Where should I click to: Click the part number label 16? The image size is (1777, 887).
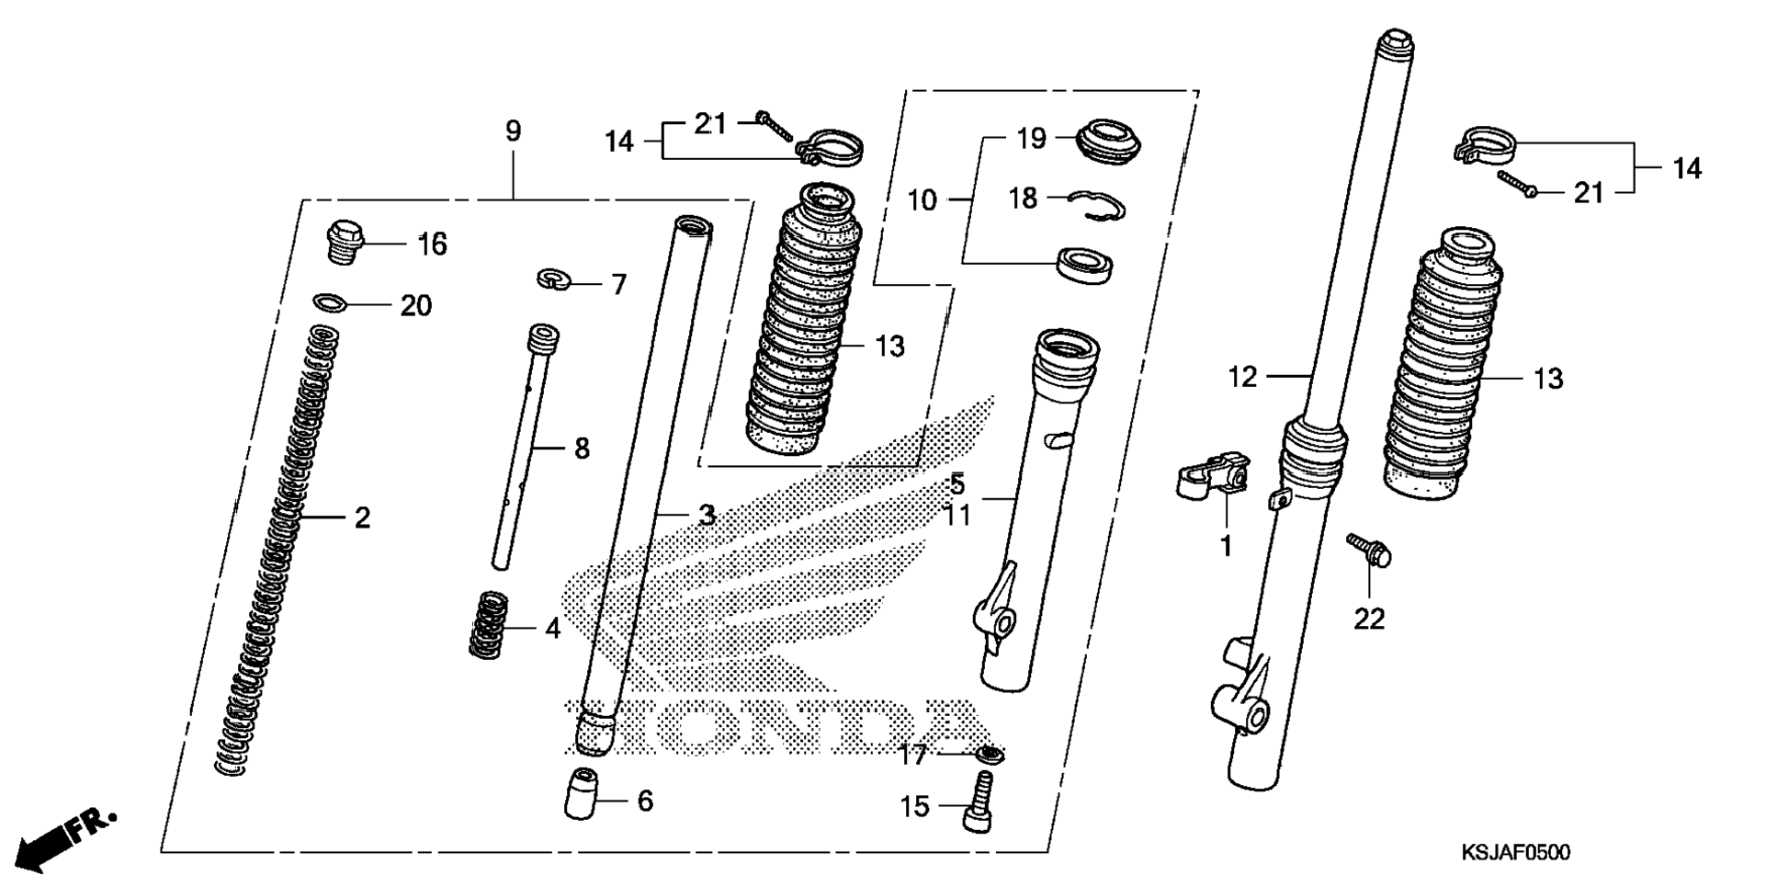432,244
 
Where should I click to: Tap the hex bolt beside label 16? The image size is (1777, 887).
345,242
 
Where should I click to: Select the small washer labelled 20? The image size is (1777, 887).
330,301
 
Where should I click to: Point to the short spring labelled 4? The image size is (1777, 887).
489,624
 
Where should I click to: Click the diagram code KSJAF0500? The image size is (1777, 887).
1515,853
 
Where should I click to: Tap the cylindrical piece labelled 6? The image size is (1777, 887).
581,793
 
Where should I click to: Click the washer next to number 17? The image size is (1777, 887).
990,755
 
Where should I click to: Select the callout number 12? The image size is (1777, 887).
1242,377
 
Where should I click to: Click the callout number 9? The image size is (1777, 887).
513,131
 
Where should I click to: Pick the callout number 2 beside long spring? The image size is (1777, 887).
362,518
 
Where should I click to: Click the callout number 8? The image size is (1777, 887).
582,449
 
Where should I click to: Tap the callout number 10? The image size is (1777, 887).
922,199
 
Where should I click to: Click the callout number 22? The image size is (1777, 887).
1368,620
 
